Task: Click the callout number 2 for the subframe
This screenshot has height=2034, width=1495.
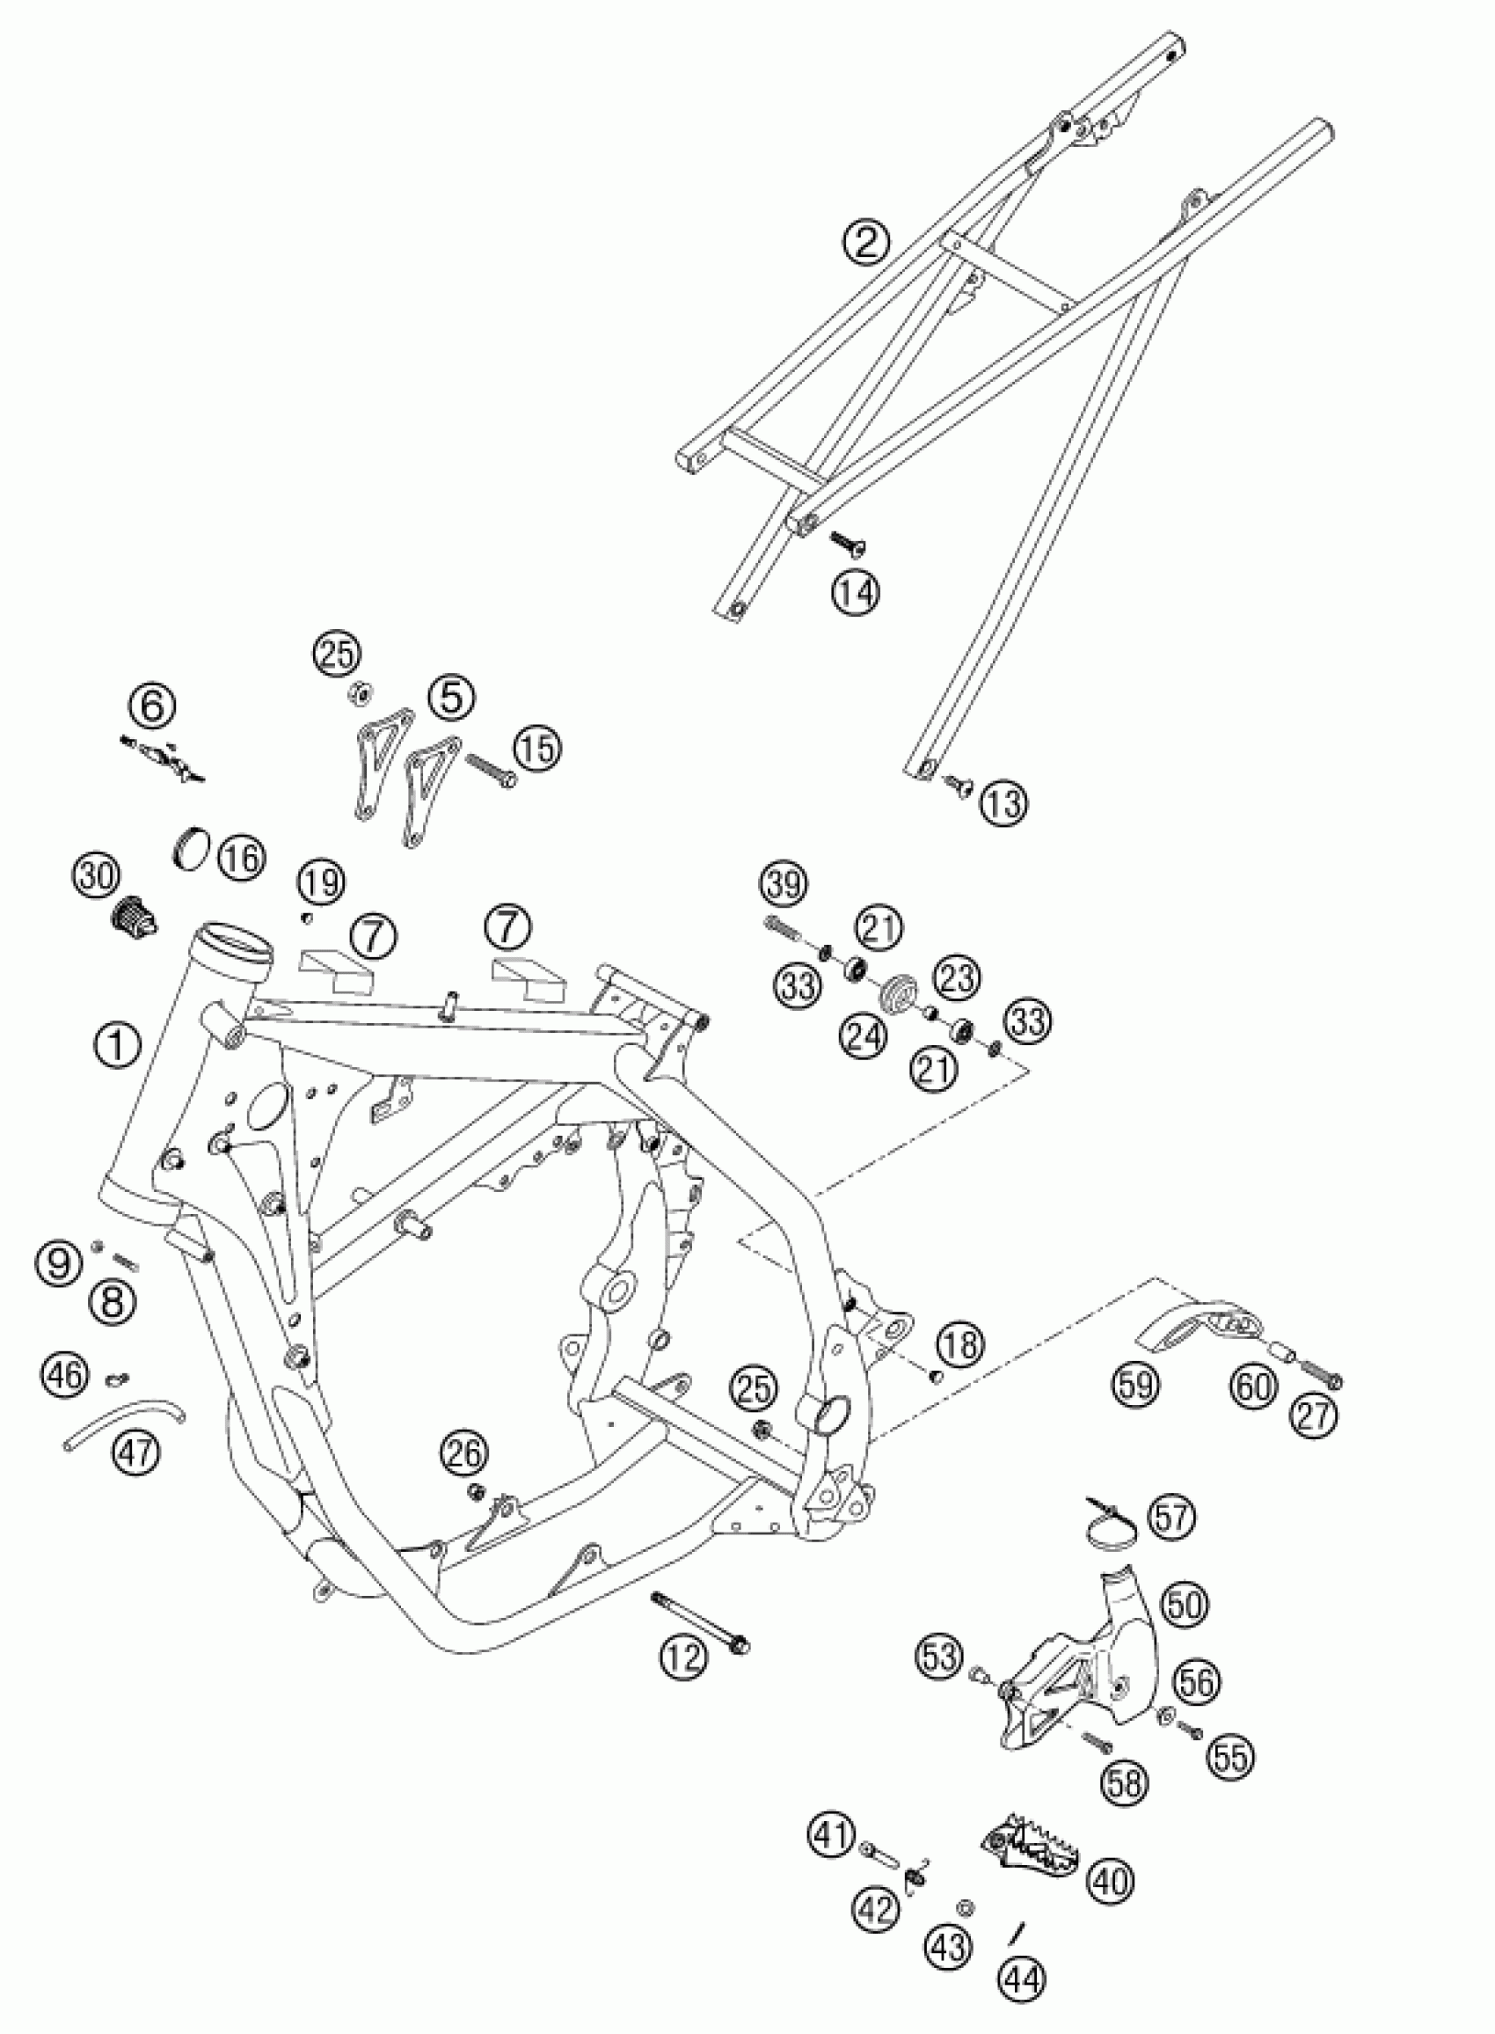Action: tap(866, 242)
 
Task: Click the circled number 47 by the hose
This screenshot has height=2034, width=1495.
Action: tap(136, 1452)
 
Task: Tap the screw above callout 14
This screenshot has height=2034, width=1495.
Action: tap(847, 541)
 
